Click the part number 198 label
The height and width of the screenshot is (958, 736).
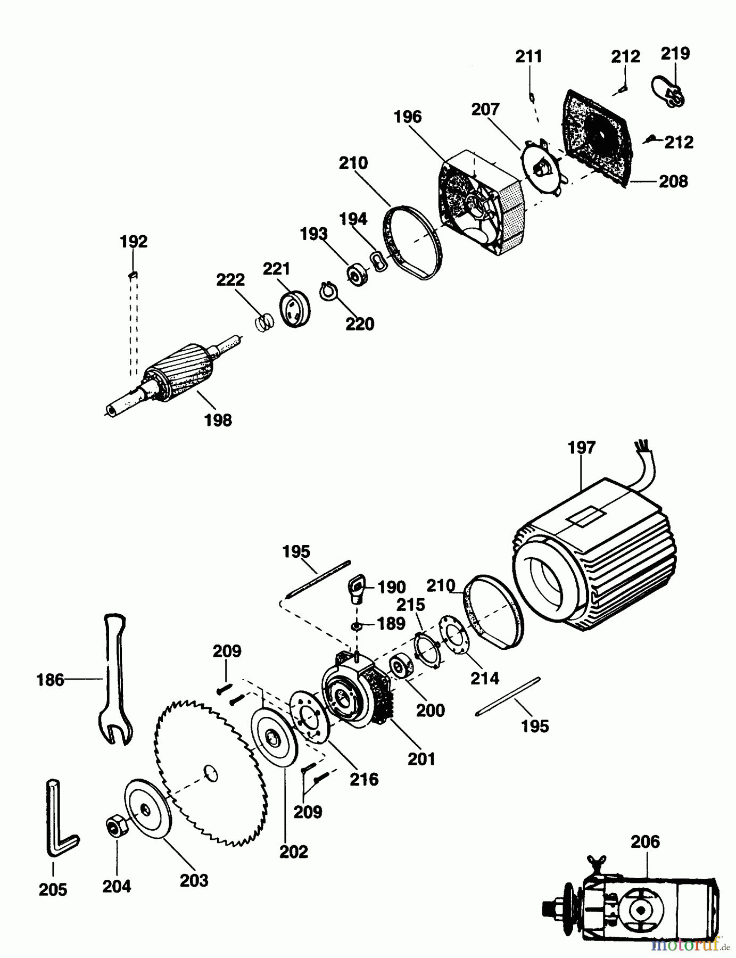point(218,420)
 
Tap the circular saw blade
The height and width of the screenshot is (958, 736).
point(210,772)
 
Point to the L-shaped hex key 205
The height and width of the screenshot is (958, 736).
point(59,820)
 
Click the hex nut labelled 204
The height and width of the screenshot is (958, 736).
point(115,827)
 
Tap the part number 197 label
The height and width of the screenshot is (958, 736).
point(581,448)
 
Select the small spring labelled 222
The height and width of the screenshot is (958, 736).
point(263,322)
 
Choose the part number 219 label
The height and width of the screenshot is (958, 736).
point(675,53)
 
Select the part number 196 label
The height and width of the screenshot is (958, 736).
point(408,117)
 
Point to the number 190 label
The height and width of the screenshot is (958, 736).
point(391,587)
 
